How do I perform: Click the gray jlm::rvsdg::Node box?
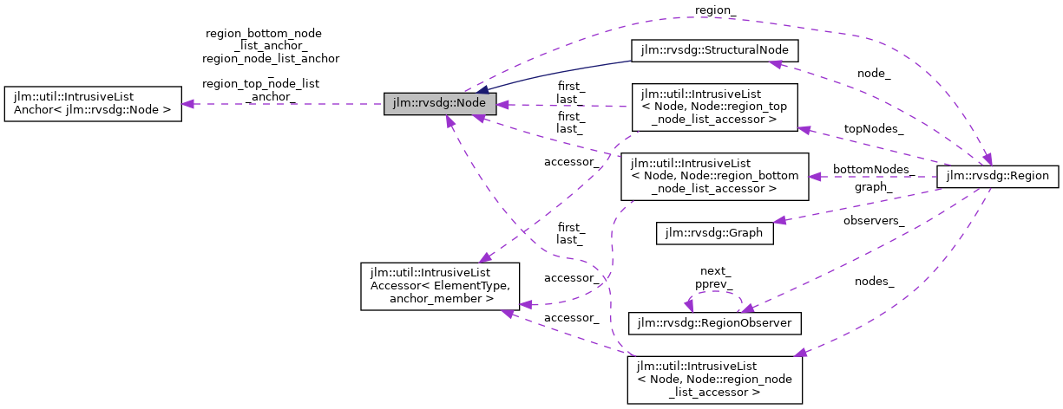click(x=440, y=104)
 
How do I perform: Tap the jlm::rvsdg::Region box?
click(x=998, y=176)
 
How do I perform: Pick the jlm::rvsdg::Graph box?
click(x=714, y=233)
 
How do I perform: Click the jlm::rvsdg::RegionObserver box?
click(x=714, y=322)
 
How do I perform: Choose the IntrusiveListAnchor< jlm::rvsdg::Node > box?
click(x=93, y=104)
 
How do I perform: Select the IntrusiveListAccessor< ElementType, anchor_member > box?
click(x=439, y=287)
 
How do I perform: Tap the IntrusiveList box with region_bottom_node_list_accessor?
click(x=714, y=176)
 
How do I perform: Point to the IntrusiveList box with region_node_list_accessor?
click(x=714, y=379)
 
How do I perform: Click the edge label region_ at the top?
click(x=715, y=10)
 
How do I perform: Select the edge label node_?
click(x=873, y=74)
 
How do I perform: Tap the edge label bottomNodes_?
click(x=871, y=169)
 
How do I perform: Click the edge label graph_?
click(x=873, y=186)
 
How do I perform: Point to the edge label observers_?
click(x=874, y=221)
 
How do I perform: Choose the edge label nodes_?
click(x=874, y=281)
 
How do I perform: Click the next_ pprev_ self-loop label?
click(x=712, y=277)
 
